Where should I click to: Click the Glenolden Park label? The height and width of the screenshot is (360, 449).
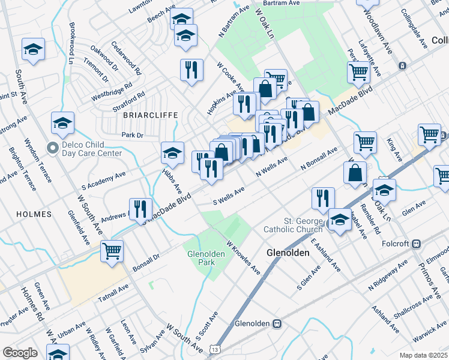[200, 258]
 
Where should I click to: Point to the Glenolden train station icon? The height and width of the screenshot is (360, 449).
[277, 323]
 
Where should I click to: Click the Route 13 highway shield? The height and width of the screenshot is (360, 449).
[215, 349]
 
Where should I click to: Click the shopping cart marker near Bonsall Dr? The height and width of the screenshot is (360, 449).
[112, 251]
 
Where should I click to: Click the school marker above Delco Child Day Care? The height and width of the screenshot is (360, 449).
[62, 124]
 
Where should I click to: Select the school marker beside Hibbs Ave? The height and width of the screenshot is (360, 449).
[172, 154]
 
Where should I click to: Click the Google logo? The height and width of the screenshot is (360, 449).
[20, 352]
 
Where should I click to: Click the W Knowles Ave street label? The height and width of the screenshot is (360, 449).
[243, 258]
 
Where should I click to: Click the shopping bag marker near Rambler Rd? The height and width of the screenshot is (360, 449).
[355, 173]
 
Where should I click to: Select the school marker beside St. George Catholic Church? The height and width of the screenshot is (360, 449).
[340, 220]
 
